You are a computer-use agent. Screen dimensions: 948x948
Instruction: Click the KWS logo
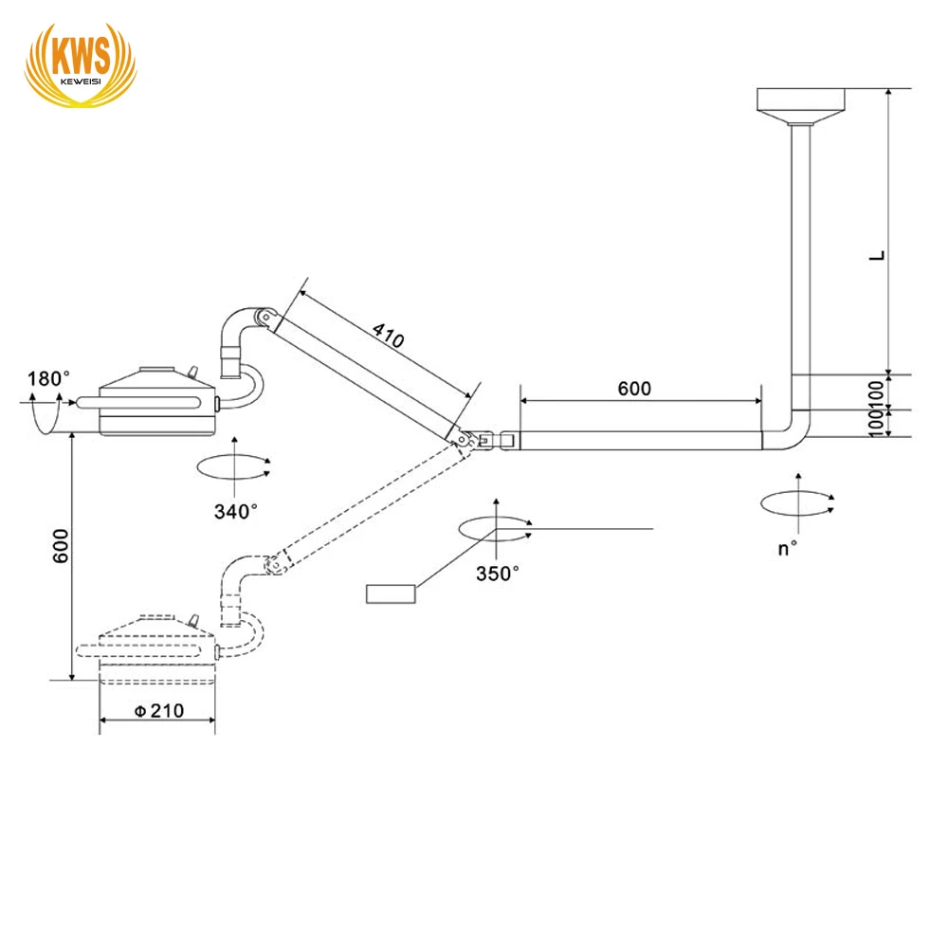coord(80,62)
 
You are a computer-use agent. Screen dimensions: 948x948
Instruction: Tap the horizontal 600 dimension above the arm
coord(634,388)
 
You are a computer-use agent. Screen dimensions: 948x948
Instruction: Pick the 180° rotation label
coord(48,379)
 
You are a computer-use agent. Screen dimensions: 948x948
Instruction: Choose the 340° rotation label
coord(235,511)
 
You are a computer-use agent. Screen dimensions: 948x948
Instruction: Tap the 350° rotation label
coord(498,573)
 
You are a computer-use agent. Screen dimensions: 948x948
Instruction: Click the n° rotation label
coord(787,549)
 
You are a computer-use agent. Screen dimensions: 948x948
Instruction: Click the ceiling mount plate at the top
coord(801,100)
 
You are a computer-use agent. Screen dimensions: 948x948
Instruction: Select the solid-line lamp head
coord(156,403)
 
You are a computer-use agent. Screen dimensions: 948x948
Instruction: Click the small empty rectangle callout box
coord(391,594)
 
